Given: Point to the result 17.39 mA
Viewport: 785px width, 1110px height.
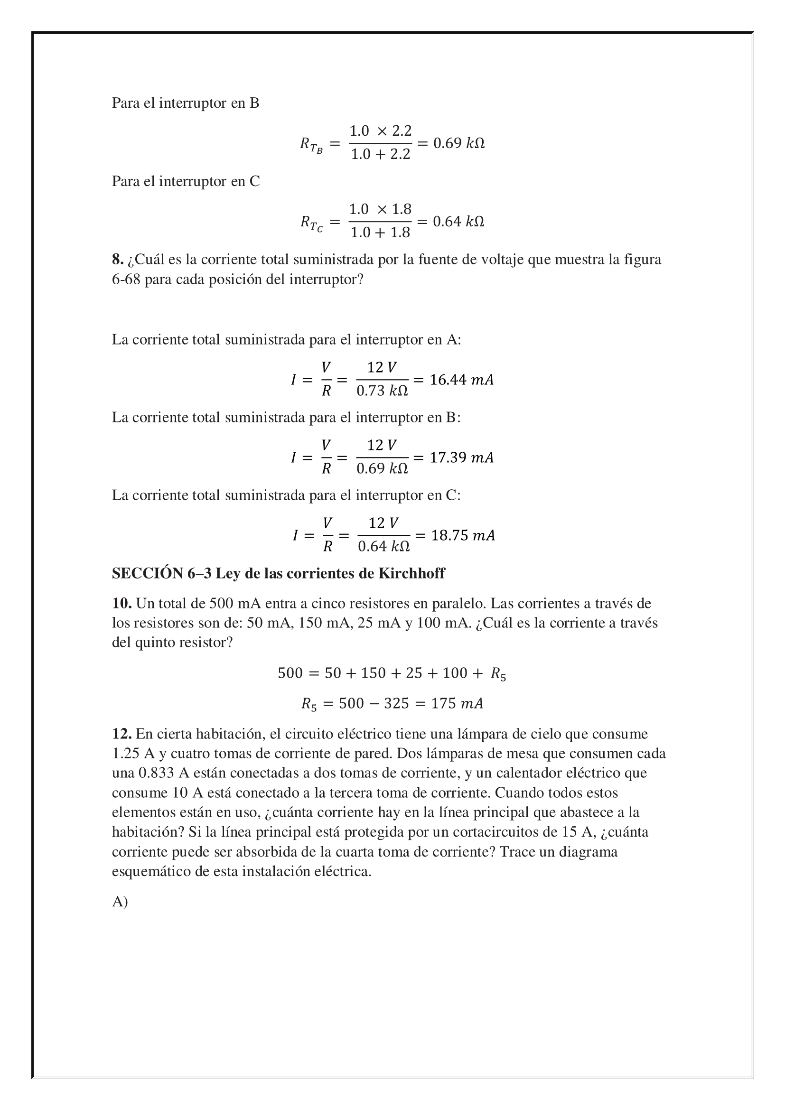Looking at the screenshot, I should [461, 457].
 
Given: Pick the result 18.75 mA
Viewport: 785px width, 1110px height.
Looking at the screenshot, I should [463, 535].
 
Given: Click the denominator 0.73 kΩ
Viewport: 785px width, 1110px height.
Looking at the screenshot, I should [382, 391].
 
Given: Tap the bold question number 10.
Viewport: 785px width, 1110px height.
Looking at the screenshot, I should [122, 603].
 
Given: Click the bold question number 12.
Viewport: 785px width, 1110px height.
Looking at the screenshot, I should [122, 734].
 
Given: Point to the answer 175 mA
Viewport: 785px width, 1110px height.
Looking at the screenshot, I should [457, 703].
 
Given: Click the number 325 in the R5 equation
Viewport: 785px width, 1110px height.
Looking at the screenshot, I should [396, 703].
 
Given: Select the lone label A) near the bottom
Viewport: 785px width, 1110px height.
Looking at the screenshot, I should [120, 902].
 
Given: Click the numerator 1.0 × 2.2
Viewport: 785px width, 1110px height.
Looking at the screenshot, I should [381, 131].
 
